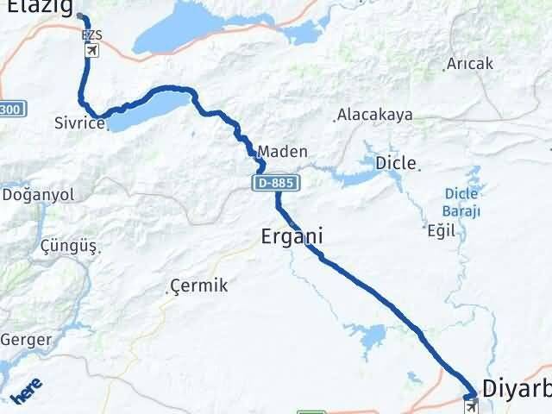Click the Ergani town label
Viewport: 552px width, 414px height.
coord(292,235)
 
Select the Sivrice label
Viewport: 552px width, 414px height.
coord(78,123)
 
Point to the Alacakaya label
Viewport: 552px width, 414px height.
coord(374,115)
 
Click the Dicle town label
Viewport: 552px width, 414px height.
coord(396,162)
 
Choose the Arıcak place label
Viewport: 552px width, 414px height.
coord(470,65)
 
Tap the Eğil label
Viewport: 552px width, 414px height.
coord(440,230)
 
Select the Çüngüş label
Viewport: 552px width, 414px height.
coord(68,247)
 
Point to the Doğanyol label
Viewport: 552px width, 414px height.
coord(40,195)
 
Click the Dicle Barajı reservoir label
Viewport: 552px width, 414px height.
coord(461,203)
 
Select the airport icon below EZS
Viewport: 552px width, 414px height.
coord(91,51)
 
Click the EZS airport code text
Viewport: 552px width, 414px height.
coord(91,35)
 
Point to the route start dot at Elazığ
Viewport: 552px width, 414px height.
coord(81,16)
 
